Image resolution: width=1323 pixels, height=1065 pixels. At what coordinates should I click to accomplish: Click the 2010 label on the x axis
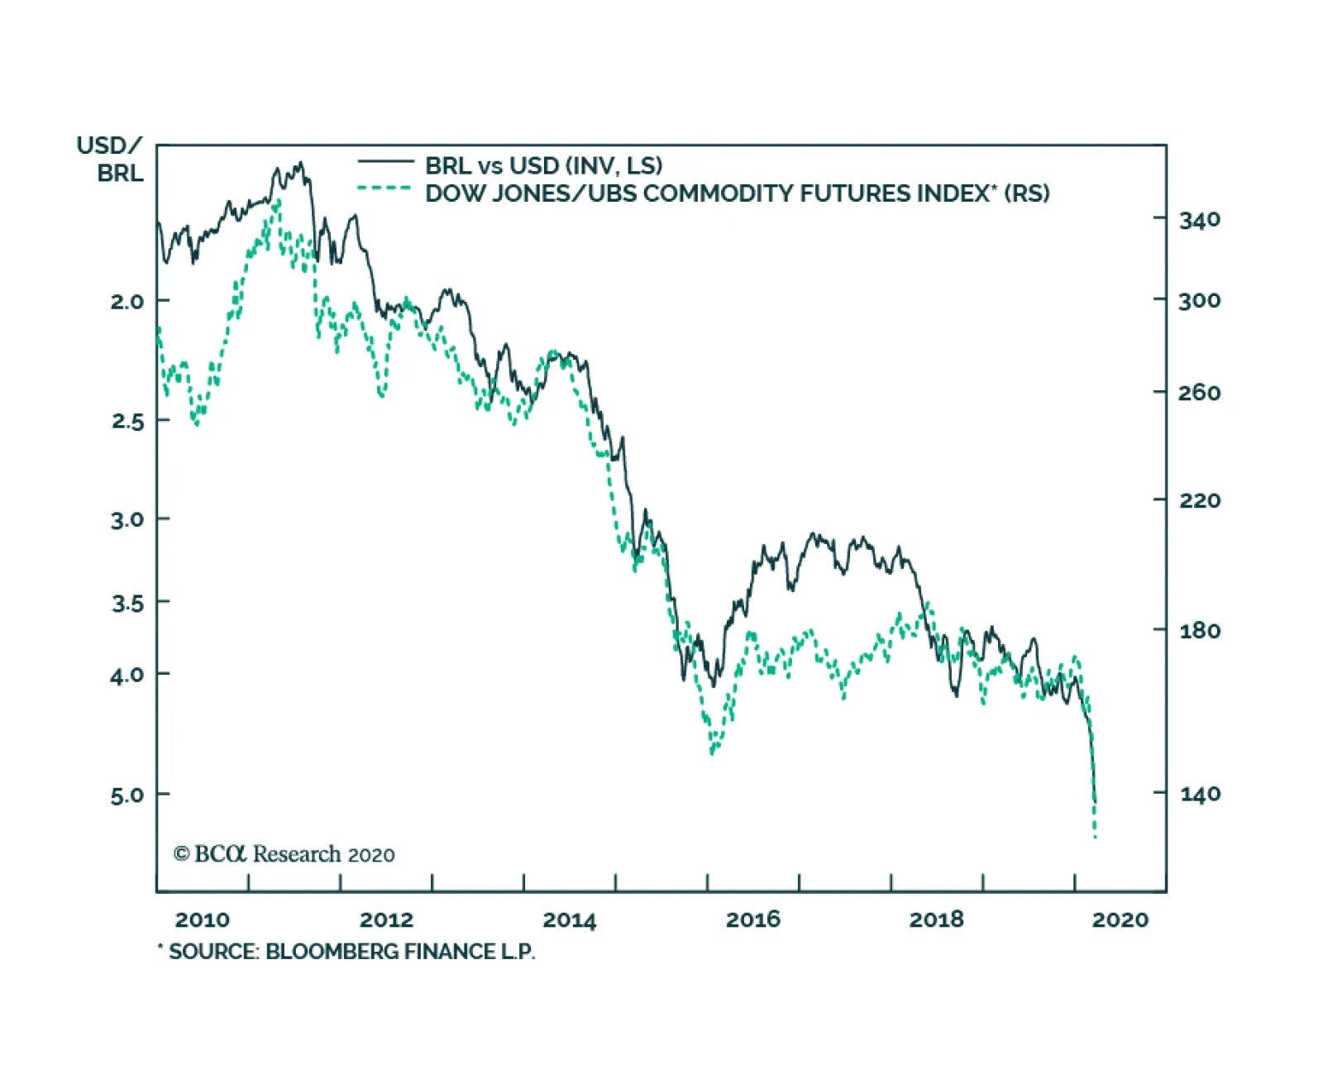202,919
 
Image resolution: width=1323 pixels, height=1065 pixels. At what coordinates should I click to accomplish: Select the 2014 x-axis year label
569,919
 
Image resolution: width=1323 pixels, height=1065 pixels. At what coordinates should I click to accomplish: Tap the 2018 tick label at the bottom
936,919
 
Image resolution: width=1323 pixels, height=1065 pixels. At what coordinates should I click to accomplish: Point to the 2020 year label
1120,919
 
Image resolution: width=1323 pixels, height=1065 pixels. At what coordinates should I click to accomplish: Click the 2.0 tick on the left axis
127,302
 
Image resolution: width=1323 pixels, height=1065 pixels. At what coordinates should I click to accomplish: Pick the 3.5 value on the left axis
127,603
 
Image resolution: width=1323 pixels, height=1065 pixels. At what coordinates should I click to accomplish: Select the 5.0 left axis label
127,795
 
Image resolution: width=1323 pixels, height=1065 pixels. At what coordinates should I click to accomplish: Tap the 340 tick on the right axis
1199,220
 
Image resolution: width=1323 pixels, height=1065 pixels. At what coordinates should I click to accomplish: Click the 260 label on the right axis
1199,393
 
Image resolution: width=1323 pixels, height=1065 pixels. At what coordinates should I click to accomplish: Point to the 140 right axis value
1199,795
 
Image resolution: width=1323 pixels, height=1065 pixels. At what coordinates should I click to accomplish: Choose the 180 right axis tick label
1199,631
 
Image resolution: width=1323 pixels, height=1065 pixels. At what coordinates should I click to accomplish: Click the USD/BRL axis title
110,160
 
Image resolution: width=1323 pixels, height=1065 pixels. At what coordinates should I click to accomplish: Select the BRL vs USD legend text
543,165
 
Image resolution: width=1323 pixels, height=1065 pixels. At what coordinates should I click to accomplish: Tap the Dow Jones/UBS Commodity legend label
737,193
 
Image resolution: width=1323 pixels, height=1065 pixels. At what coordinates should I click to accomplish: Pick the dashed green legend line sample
385,189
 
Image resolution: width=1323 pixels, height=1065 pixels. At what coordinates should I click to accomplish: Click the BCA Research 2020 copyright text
284,854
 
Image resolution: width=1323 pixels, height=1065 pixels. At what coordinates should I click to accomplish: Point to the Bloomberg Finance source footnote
347,952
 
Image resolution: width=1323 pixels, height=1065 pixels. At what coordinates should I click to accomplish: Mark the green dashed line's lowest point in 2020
1095,837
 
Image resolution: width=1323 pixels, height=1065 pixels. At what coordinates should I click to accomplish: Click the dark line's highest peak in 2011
300,163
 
